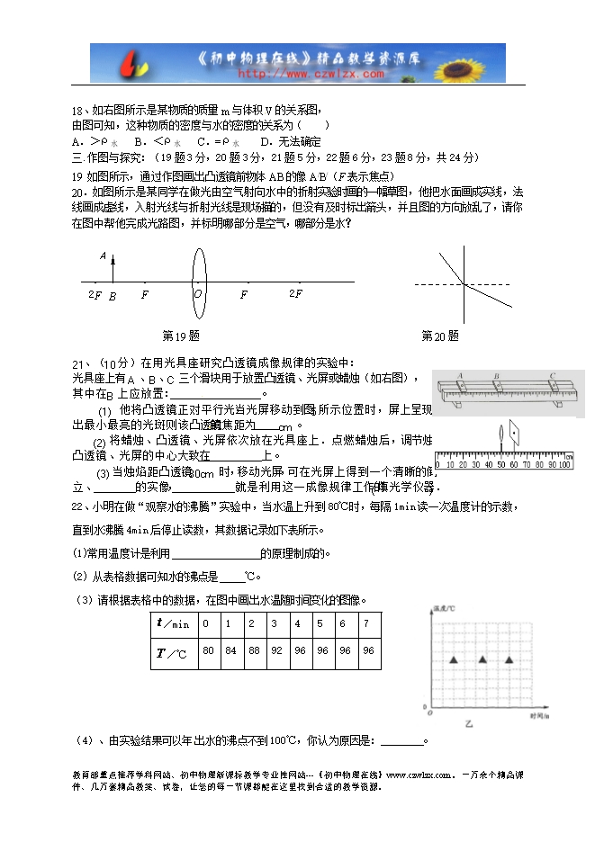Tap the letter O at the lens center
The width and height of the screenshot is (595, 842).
[197, 293]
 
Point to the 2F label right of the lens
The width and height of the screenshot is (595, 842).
[295, 293]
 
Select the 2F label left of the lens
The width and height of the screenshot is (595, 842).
[95, 294]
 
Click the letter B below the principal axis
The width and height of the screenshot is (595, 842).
[112, 295]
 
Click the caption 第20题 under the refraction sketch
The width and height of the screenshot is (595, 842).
[440, 336]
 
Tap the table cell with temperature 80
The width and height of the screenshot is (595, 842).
[208, 650]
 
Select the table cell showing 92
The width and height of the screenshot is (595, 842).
[275, 650]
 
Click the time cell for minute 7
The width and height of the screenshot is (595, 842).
[366, 623]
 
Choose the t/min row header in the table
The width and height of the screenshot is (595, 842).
[173, 623]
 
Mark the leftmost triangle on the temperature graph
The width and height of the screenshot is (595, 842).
[455, 659]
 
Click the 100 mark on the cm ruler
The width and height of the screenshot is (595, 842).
[564, 464]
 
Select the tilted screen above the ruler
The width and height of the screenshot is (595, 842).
[516, 434]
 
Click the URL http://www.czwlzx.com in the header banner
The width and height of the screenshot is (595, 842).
[296, 75]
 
